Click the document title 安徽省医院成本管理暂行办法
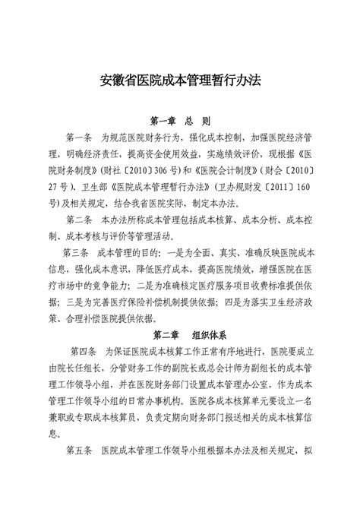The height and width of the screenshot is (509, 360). click(x=179, y=78)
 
